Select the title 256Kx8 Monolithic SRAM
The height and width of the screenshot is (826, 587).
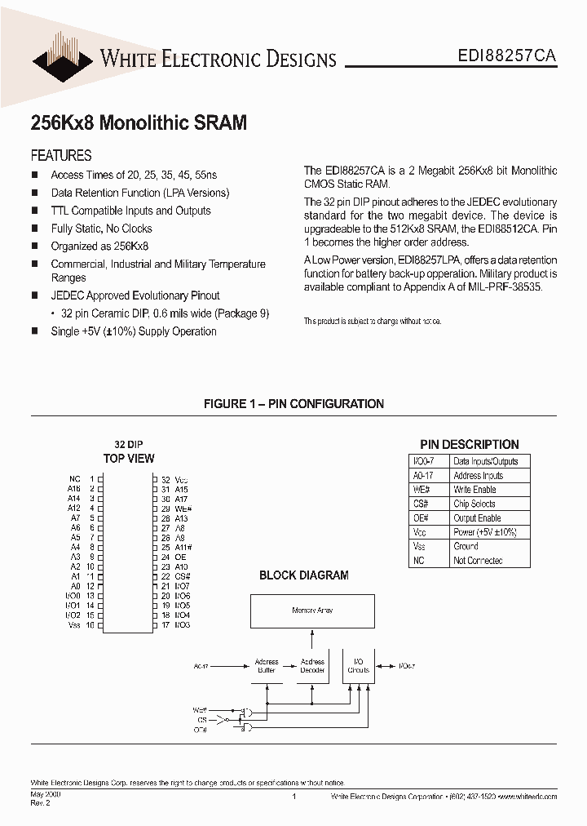pos(139,122)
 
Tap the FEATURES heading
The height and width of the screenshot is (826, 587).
pos(61,155)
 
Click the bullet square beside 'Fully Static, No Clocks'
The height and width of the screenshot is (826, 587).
pos(34,229)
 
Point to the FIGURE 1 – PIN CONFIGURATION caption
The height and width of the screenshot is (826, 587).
pos(293,403)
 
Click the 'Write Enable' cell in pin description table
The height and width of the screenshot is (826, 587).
pos(474,490)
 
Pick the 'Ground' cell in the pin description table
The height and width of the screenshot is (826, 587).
pos(466,546)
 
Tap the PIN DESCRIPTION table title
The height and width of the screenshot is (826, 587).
pos(470,445)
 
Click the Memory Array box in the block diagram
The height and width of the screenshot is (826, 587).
pos(312,611)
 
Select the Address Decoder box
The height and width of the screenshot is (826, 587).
pos(312,666)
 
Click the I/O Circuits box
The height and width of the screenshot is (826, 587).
pos(358,666)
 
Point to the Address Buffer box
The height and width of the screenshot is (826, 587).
pos(267,666)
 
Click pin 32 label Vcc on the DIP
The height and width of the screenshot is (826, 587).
pos(181,480)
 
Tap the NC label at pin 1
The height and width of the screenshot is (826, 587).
pos(74,480)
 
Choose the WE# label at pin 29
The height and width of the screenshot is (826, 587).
pos(183,508)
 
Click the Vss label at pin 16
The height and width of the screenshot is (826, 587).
pos(73,624)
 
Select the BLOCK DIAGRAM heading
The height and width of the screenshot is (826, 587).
pos(303,575)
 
